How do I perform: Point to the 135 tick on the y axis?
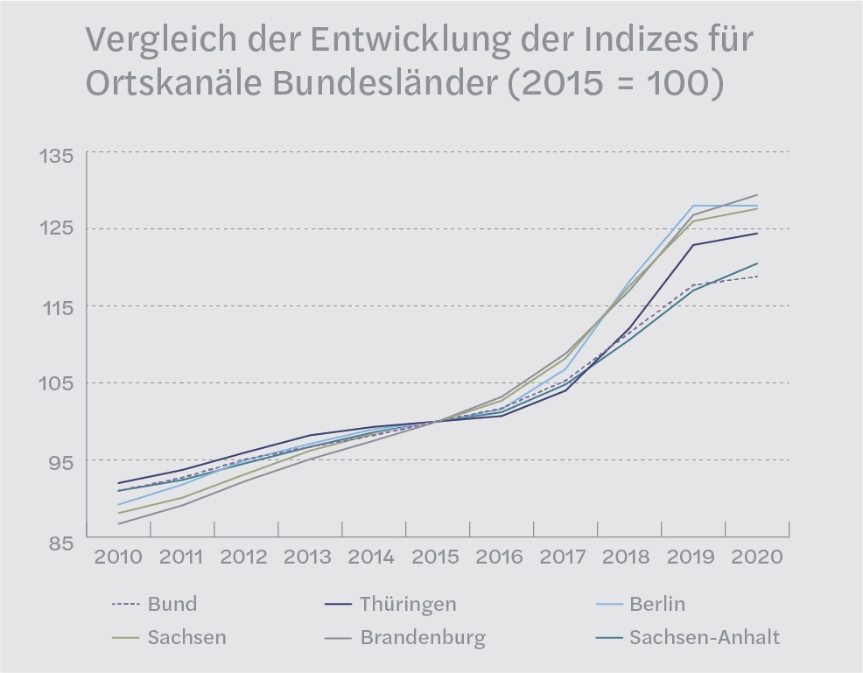pyautogui.click(x=55, y=157)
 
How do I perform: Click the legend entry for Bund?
pyautogui.click(x=172, y=604)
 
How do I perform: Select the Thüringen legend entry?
pyautogui.click(x=407, y=604)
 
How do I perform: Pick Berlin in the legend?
pyautogui.click(x=656, y=604)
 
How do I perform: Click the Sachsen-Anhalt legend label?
pyautogui.click(x=704, y=637)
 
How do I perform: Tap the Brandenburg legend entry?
pyautogui.click(x=422, y=637)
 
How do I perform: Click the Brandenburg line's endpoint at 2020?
pyautogui.click(x=757, y=195)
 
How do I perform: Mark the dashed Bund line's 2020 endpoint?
pyautogui.click(x=757, y=277)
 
